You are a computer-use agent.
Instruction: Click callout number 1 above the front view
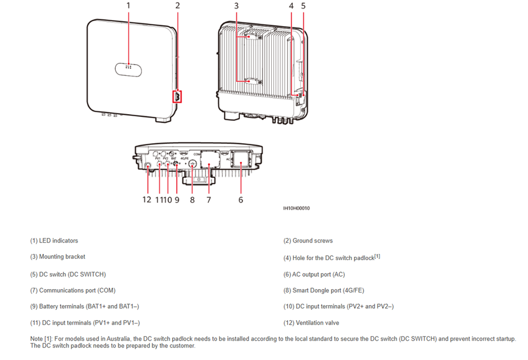(128, 6)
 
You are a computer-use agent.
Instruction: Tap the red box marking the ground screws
(177, 96)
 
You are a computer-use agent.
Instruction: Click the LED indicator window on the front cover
(128, 68)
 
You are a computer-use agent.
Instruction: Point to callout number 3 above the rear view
(236, 6)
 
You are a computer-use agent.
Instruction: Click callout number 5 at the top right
(303, 6)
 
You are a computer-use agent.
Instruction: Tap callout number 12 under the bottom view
(147, 200)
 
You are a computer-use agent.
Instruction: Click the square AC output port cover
(241, 163)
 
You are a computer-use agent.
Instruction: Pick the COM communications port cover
(209, 162)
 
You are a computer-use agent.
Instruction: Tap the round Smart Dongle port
(192, 165)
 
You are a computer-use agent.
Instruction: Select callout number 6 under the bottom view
(241, 200)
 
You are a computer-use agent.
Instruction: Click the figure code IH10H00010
(297, 208)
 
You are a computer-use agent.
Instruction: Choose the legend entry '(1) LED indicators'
(54, 241)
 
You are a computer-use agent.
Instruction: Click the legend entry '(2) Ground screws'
(308, 241)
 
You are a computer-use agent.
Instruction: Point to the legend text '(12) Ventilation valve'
(311, 323)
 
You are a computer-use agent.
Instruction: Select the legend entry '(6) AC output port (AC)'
(314, 274)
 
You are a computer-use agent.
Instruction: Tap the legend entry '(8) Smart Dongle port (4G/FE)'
(323, 290)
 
